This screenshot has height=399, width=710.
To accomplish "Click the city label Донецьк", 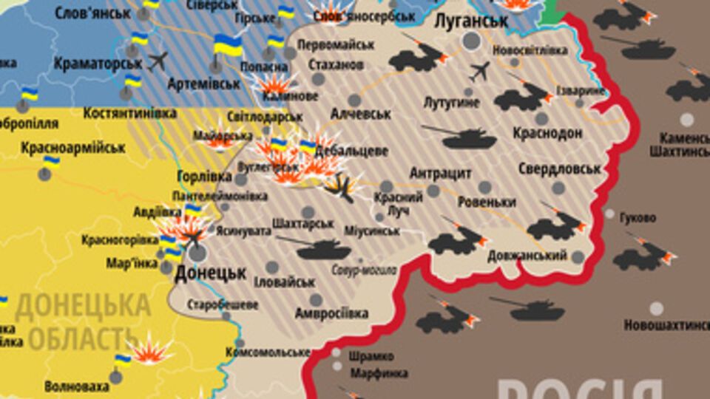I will click(210, 273).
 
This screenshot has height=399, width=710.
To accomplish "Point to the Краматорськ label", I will click(98, 64).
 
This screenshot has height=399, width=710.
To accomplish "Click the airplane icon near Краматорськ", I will click(158, 61).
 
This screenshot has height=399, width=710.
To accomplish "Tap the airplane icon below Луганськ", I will click(479, 72).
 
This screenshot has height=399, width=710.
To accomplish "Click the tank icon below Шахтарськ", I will click(316, 248).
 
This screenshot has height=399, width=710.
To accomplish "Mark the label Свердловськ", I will click(559, 168).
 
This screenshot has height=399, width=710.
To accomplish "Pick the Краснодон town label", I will click(547, 133).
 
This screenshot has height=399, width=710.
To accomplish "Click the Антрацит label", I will click(441, 173).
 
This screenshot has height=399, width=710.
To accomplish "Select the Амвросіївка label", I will click(331, 313).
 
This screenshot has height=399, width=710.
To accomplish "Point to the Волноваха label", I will click(75, 386).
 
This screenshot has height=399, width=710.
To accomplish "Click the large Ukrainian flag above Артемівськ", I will click(229, 46).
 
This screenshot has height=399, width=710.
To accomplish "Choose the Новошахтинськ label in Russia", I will click(666, 324).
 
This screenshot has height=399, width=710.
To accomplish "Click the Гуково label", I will click(639, 218).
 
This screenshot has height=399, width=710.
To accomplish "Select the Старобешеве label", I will click(223, 304).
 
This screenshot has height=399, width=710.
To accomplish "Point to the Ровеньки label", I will click(487, 202).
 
